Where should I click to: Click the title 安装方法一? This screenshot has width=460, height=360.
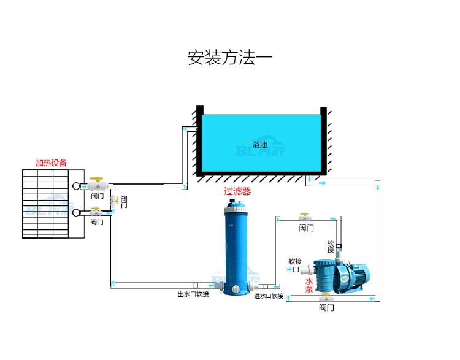(x=229, y=58)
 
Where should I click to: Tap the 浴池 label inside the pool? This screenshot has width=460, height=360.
(x=260, y=145)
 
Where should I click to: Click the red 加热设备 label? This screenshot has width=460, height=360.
(x=51, y=163)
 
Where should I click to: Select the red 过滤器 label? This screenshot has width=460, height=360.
(x=237, y=191)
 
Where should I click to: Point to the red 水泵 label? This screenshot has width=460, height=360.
(x=309, y=285)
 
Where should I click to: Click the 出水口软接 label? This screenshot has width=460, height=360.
(x=193, y=294)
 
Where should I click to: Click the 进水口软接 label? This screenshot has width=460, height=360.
(x=269, y=296)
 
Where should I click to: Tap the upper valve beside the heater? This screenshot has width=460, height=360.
(x=96, y=183)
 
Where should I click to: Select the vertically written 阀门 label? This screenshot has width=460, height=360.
(x=124, y=202)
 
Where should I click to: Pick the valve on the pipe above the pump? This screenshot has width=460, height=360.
(x=304, y=217)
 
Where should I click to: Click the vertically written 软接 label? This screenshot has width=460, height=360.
(x=331, y=247)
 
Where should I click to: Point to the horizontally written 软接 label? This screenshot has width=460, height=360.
(x=295, y=261)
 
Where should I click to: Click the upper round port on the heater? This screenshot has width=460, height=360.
(x=76, y=185)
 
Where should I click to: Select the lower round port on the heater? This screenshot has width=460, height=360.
(x=76, y=213)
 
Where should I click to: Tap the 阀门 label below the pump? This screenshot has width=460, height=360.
(x=326, y=308)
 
